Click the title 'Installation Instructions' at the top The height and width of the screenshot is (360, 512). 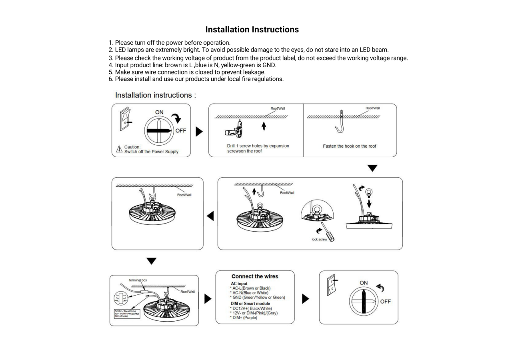tap(252, 30)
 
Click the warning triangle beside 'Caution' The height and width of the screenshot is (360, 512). tap(119, 149)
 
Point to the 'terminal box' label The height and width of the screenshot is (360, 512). tap(138, 280)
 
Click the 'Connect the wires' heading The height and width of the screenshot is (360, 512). tap(255, 276)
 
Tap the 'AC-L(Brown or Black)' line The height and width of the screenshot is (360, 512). tap(251, 288)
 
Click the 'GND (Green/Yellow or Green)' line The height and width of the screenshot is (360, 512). tap(258, 297)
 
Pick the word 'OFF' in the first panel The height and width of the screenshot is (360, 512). tap(180, 131)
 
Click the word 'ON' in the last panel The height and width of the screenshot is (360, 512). tap(364, 283)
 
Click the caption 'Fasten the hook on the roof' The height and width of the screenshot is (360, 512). tap(350, 146)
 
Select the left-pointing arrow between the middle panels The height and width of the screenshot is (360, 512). tap(210, 216)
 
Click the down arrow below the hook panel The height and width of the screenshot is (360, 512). tap(372, 168)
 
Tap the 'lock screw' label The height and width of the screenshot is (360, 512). tap(319, 240)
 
